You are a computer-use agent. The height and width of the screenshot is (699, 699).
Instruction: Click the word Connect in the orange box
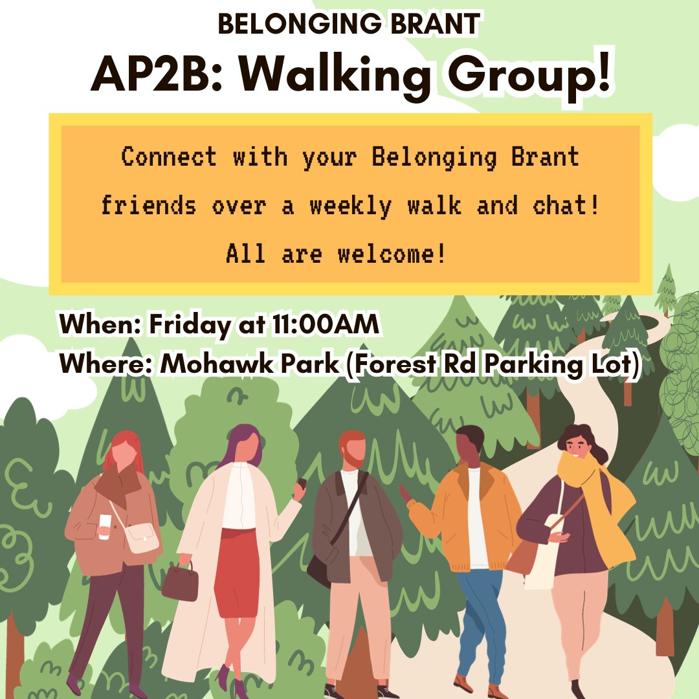(x=169, y=157)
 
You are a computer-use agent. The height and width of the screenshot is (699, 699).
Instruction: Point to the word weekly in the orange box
(x=350, y=206)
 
